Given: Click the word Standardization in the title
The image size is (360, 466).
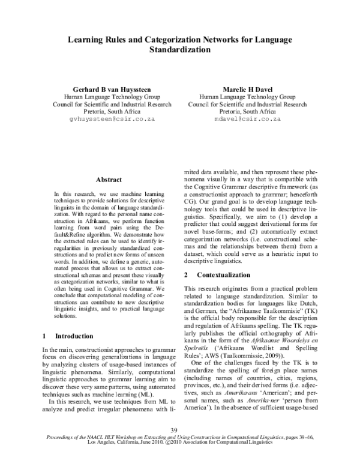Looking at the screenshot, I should click(179, 50).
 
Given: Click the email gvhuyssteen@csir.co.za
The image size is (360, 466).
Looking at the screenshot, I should click(112, 120).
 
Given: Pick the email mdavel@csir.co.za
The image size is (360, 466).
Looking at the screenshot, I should click(247, 120).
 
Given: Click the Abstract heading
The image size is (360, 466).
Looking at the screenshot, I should click(109, 180).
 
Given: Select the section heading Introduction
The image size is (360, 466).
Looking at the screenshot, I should click(74, 336).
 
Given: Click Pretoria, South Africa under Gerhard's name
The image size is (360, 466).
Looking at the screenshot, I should click(112, 112).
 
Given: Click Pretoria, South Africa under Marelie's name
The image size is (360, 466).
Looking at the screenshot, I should click(247, 112).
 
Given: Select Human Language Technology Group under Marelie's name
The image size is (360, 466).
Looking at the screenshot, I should click(247, 96).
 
